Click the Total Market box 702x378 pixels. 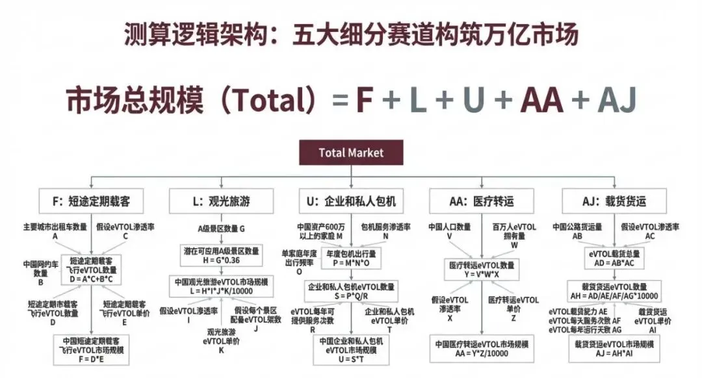click(351, 153)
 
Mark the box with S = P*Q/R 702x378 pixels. click(352, 290)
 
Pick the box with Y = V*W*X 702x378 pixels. click(482, 270)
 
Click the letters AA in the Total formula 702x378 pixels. click(543, 102)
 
